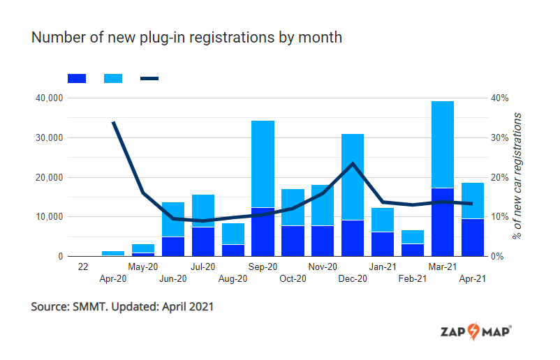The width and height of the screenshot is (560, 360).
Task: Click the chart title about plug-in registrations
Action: tap(186, 38)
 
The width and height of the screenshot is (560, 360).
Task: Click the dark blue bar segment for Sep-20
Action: tap(263, 232)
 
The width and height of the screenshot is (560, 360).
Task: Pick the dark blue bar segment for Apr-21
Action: tap(473, 238)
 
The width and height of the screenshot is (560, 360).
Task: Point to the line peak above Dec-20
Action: tap(353, 163)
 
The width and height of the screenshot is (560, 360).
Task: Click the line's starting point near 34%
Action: tap(113, 122)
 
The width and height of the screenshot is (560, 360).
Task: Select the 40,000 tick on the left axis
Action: tap(49, 98)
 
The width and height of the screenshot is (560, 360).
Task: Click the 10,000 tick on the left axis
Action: tap(49, 217)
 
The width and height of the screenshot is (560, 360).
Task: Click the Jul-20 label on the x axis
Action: tap(202, 267)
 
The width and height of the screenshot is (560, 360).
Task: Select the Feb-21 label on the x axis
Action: tap(413, 278)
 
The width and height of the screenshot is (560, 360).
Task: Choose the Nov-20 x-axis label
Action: tap(323, 267)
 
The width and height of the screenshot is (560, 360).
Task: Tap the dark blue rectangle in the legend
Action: tap(77, 79)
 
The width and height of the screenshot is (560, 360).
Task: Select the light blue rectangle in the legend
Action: tap(113, 79)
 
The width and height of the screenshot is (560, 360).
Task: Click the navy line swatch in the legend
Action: tap(149, 79)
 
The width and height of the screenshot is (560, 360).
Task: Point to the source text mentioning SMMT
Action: tap(122, 307)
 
